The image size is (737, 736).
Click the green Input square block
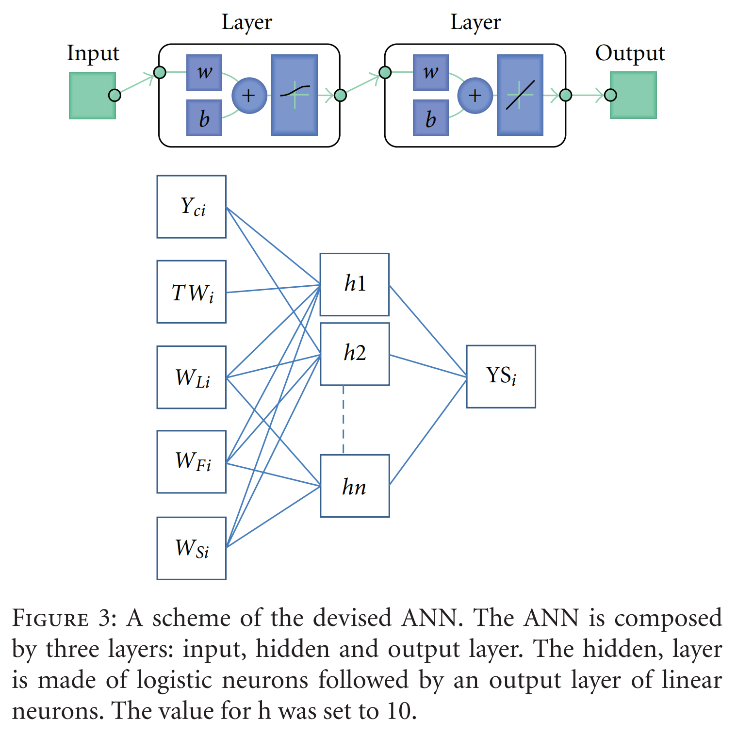tap(92, 96)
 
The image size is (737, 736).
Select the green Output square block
tap(633, 95)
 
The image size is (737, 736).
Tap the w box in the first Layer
tap(204, 72)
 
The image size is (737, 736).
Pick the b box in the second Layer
tap(430, 118)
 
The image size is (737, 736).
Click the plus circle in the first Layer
tap(249, 96)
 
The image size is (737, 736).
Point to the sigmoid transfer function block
tap(294, 95)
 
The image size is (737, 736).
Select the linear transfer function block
tap(520, 95)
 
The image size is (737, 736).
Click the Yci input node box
tap(192, 207)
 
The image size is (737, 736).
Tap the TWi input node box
tap(192, 292)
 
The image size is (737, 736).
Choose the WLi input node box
tap(192, 377)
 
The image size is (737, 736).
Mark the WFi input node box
tap(192, 462)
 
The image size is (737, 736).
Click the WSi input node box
tap(192, 548)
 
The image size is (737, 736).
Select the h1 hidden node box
tap(355, 284)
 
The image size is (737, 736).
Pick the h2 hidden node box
tap(355, 354)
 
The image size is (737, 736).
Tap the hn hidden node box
tap(355, 486)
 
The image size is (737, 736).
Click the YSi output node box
tap(501, 376)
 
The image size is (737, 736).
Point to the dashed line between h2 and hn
tap(344, 420)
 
